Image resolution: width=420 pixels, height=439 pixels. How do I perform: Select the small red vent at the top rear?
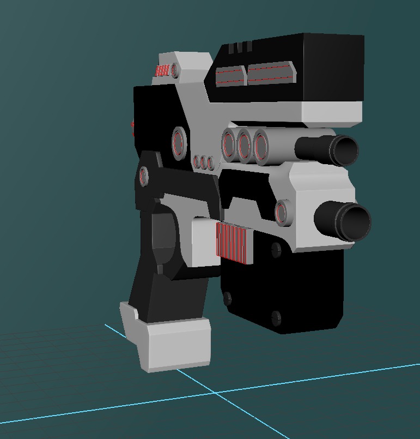tap(162, 70)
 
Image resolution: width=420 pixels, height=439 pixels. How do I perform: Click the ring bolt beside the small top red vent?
tap(175, 70)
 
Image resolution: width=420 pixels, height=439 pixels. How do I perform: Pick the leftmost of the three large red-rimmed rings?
tap(228, 145)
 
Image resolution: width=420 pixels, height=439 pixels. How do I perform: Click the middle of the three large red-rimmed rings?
tap(245, 145)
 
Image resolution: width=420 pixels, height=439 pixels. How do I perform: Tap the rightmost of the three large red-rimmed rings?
tap(261, 146)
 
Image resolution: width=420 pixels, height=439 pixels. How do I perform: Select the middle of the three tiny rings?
tap(204, 162)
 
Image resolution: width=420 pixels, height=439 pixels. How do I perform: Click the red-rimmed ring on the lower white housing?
tap(283, 212)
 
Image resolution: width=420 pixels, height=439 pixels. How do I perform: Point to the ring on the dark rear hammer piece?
tap(144, 176)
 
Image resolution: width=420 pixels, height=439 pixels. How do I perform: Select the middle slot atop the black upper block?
tap(240, 47)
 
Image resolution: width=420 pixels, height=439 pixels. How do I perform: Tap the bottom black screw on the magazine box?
tap(276, 317)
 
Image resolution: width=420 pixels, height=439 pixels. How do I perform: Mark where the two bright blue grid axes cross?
tap(216, 392)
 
